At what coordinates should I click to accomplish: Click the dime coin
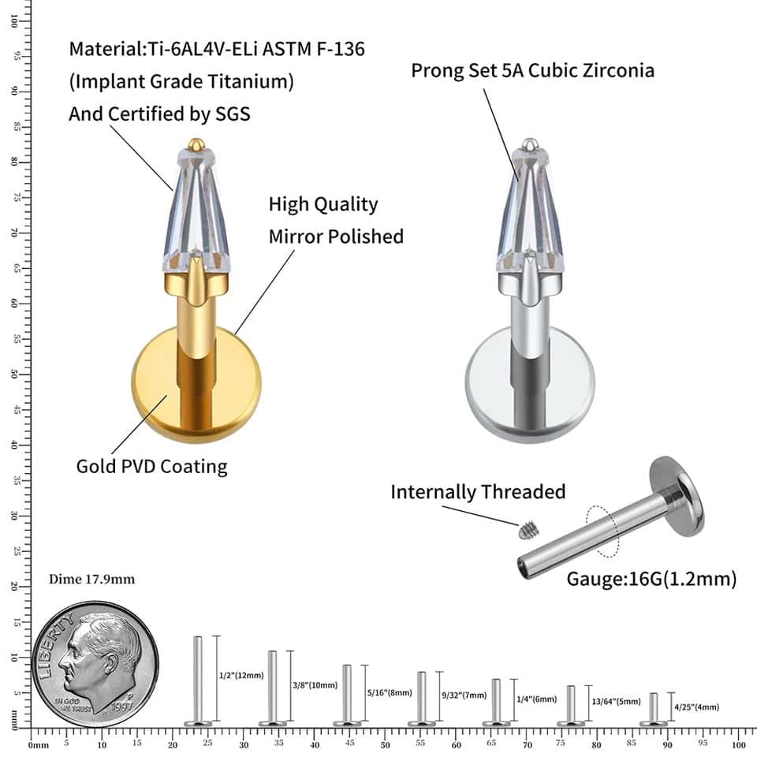(95, 664)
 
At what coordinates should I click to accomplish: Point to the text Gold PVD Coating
(151, 466)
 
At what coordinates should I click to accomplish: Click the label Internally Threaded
(478, 492)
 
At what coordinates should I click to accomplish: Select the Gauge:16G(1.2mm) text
(651, 580)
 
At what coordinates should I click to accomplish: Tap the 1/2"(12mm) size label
(241, 676)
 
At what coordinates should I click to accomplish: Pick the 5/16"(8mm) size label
(390, 692)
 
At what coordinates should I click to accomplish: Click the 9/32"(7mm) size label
(464, 695)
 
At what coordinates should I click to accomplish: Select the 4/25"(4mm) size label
(696, 707)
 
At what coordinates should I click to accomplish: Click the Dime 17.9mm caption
(91, 580)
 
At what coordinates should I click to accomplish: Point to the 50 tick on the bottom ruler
(385, 744)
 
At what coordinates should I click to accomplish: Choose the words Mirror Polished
(336, 237)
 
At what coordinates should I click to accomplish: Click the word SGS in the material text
(233, 114)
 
